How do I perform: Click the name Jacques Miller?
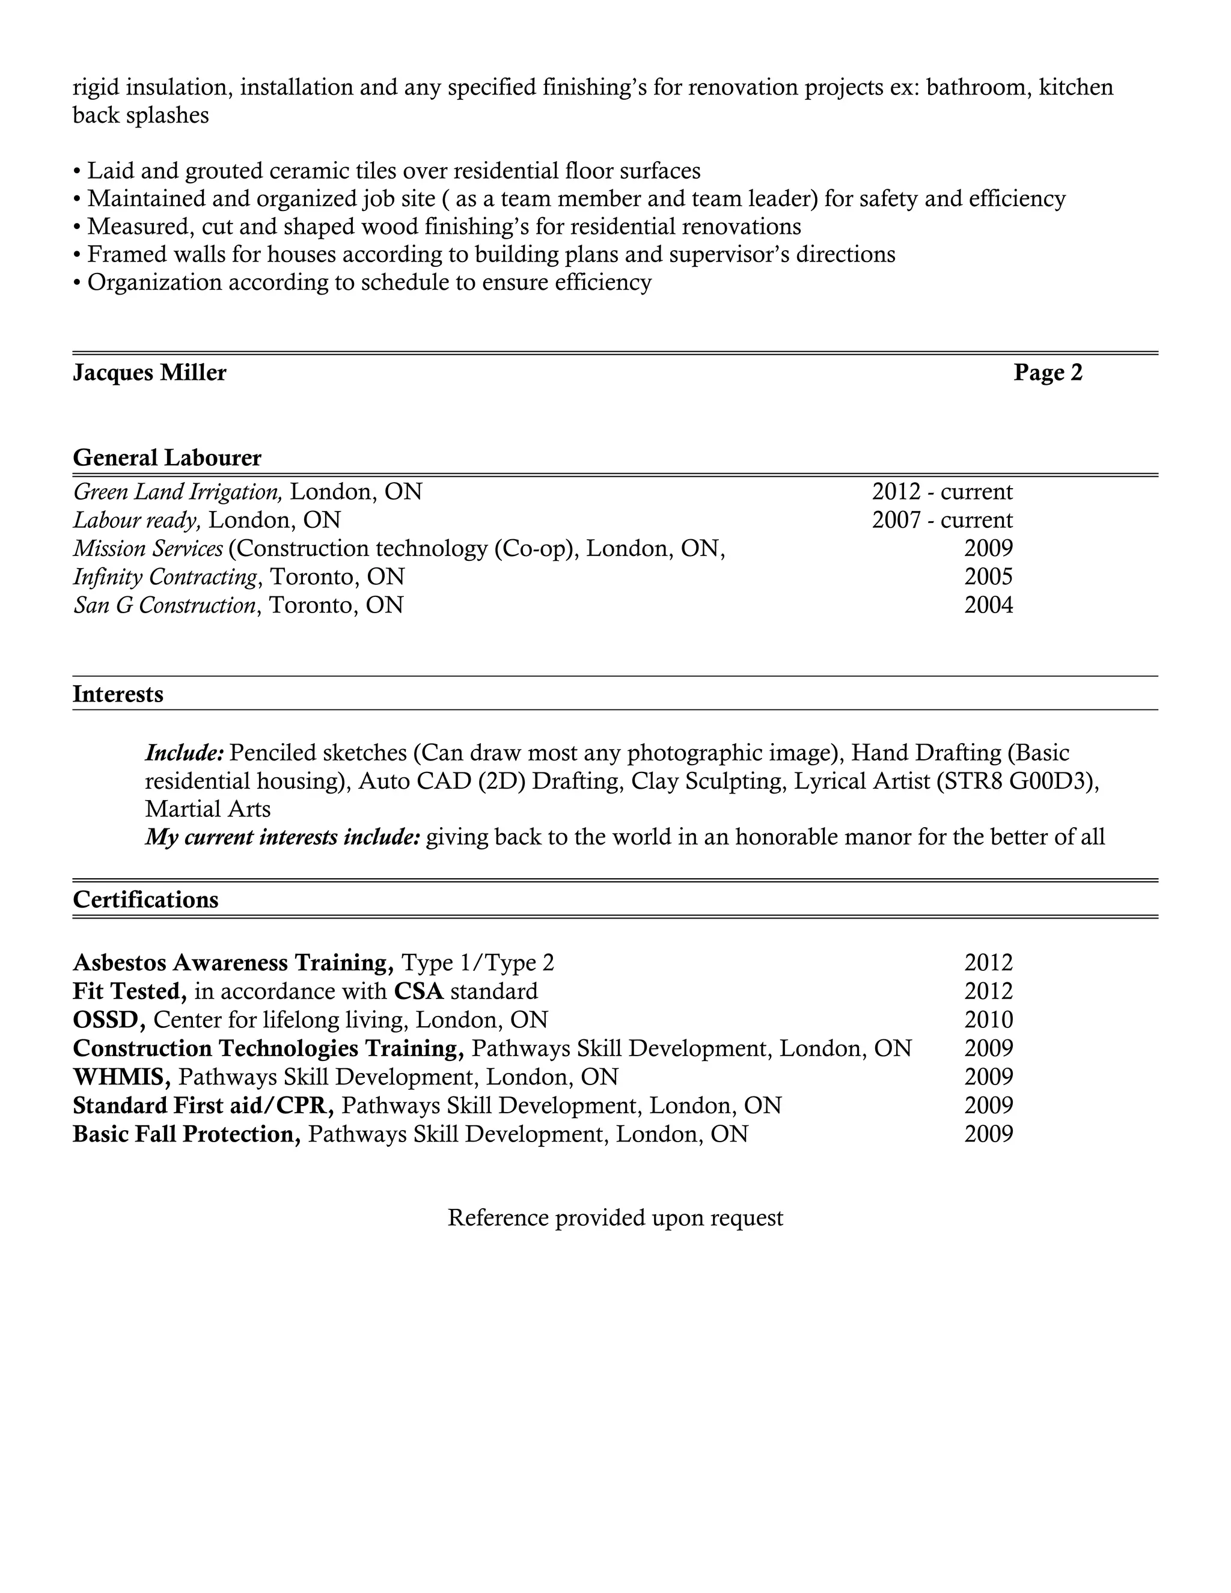(150, 373)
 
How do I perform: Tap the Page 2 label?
(1047, 373)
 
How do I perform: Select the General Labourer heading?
(167, 458)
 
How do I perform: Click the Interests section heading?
(118, 694)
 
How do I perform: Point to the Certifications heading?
(146, 899)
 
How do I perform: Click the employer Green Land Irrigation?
(178, 492)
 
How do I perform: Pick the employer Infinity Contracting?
(165, 577)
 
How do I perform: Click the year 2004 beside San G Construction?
(988, 605)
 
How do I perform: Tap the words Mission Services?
(148, 548)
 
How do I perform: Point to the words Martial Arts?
(208, 809)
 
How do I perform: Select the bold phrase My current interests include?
(283, 837)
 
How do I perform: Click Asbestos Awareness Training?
(233, 963)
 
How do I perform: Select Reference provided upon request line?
(615, 1217)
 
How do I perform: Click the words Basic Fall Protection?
(187, 1134)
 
